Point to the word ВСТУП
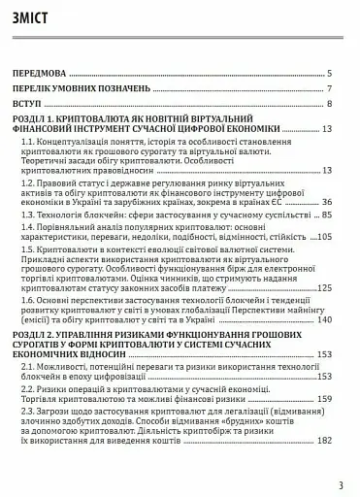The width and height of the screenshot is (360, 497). coord(27,104)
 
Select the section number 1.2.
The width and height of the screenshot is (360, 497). coord(29,183)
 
